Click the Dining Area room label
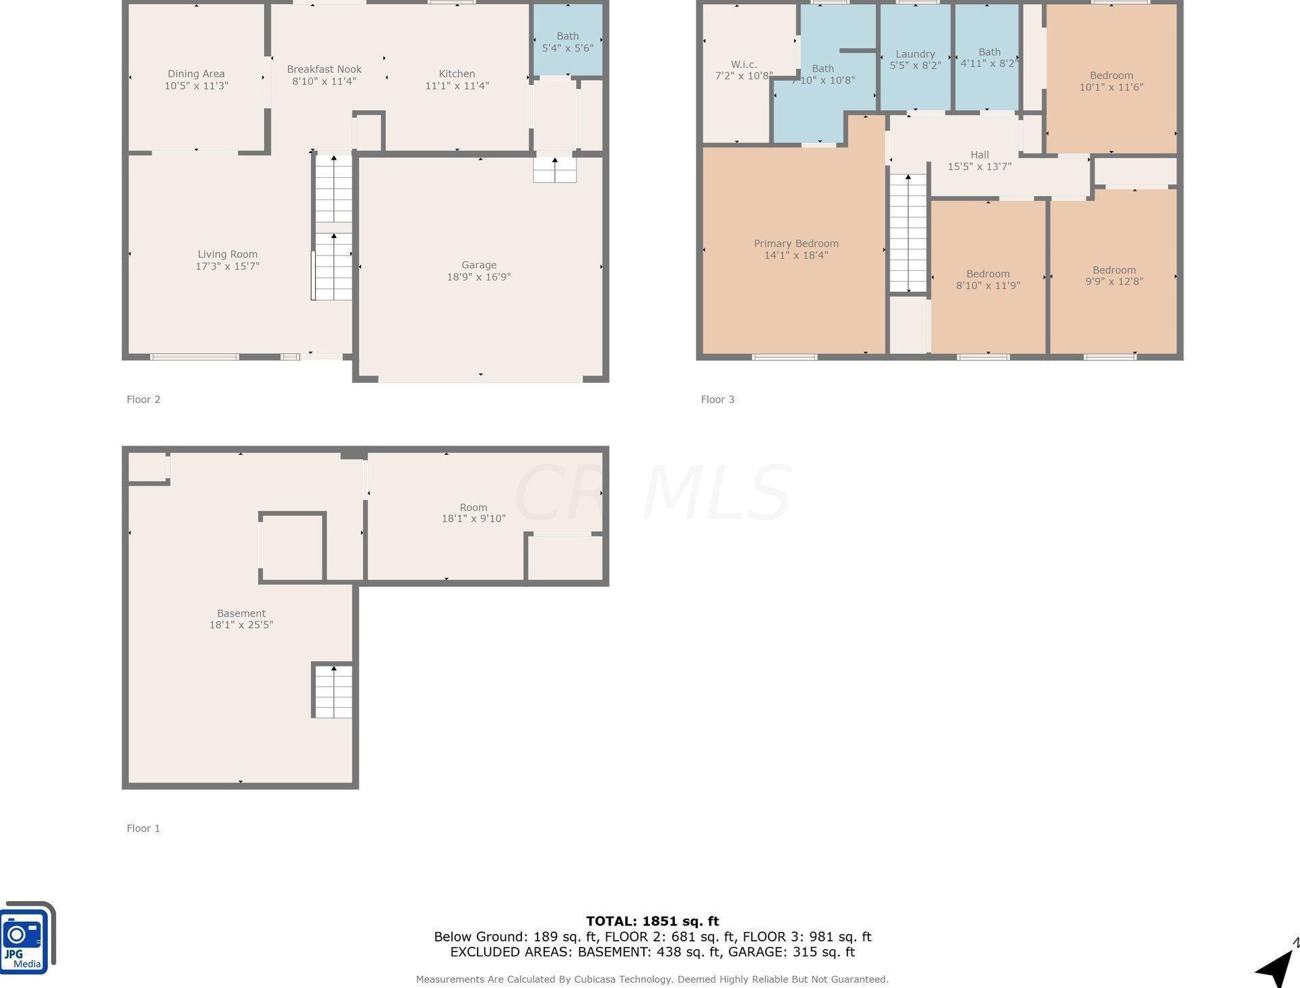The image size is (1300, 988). (196, 73)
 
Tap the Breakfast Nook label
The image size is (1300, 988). (324, 69)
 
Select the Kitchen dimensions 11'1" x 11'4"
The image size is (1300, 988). (457, 86)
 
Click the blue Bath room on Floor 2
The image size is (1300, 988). (568, 40)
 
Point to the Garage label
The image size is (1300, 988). (479, 265)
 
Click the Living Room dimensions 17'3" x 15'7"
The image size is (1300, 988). (227, 266)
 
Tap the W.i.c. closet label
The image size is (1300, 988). (744, 64)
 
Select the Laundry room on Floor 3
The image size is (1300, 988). (915, 58)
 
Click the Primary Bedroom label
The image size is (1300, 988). (796, 243)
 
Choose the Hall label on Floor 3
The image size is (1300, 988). (979, 154)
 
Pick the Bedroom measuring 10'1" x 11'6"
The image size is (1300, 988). (1111, 80)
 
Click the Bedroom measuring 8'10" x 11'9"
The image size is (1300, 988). (988, 277)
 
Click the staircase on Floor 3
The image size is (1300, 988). (908, 233)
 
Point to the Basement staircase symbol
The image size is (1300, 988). (333, 691)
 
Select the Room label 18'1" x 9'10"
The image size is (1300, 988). (474, 513)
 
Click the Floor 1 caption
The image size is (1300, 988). (143, 828)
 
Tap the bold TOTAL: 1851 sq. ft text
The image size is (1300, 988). (652, 921)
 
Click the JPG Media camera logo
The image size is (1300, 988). (27, 937)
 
